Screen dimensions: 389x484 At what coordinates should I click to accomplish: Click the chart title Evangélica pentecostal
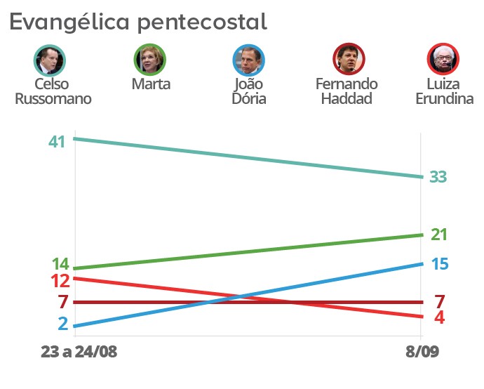137,22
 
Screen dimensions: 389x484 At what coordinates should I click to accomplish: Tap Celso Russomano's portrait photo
49,60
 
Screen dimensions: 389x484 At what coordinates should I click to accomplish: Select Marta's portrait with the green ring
150,60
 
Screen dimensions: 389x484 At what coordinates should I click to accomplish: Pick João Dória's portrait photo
249,60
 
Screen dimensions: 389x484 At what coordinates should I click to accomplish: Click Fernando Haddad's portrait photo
347,60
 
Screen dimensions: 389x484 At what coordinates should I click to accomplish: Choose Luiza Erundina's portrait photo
443,60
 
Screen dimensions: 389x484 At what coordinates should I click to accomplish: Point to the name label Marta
151,84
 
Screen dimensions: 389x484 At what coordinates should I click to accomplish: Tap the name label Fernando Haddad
347,91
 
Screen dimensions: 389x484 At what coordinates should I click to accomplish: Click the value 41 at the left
57,141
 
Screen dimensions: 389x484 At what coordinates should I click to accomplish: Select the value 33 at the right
438,177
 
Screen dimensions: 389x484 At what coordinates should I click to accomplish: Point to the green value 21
439,235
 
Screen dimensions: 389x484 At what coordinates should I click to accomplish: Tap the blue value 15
439,264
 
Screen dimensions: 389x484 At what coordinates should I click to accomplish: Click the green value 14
60,265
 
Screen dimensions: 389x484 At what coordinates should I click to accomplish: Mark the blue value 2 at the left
63,324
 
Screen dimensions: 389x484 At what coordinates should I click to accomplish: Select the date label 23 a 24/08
79,351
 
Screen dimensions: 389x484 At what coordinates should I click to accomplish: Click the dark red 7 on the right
439,302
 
